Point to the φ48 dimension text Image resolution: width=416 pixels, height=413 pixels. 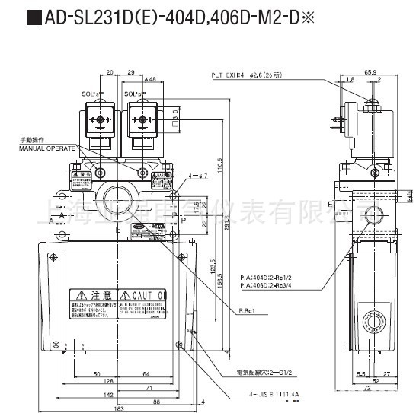tap(150, 79)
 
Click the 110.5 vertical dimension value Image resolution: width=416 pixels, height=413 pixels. tap(219, 164)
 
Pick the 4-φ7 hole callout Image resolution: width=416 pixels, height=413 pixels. tap(196, 177)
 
